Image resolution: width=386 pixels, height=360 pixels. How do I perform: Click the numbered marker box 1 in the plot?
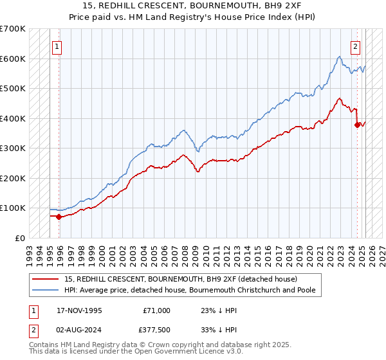click(x=57, y=46)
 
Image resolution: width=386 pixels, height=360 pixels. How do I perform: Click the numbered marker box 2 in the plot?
click(x=355, y=46)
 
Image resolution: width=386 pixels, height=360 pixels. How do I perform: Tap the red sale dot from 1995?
click(x=59, y=217)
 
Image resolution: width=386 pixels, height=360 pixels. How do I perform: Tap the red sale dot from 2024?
click(x=357, y=125)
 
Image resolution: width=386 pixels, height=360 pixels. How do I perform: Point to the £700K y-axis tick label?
click(x=12, y=29)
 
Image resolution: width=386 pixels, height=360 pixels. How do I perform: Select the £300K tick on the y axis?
click(x=12, y=148)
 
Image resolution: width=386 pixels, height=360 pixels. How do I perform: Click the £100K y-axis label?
click(x=12, y=208)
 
